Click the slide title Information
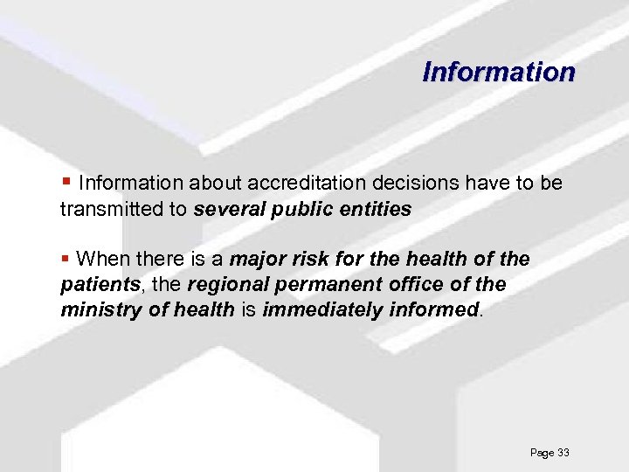tap(499, 71)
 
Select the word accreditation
tap(303, 184)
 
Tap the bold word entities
tap(377, 210)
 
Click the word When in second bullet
tap(102, 260)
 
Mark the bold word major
tap(258, 260)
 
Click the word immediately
tap(321, 309)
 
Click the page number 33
tap(563, 453)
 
